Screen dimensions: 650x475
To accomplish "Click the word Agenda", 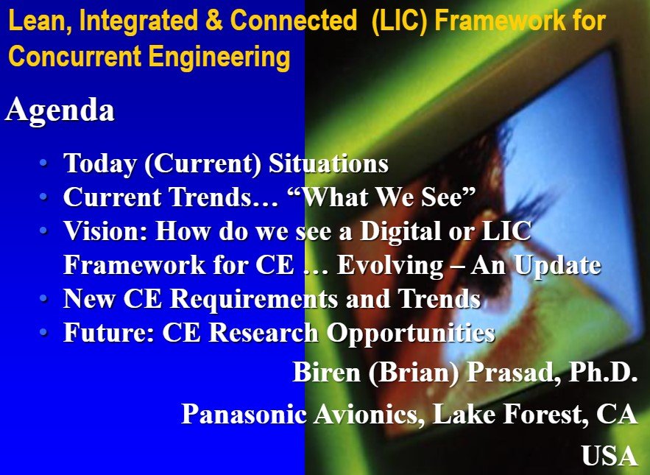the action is click(60, 110).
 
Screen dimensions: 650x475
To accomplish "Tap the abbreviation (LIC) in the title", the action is click(400, 21).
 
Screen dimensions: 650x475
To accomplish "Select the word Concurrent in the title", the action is click(75, 56).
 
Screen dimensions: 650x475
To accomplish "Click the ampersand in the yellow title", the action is click(214, 21).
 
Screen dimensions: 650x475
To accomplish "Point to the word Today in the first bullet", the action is click(100, 164).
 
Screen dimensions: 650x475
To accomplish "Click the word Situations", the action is click(328, 163).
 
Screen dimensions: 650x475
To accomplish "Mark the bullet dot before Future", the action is click(43, 332).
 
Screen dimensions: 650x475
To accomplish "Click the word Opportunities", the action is click(411, 333).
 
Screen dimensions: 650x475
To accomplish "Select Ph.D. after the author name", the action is click(604, 372).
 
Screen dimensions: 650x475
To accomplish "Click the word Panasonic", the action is click(244, 414).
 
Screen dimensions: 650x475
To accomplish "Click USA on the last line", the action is click(610, 456).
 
